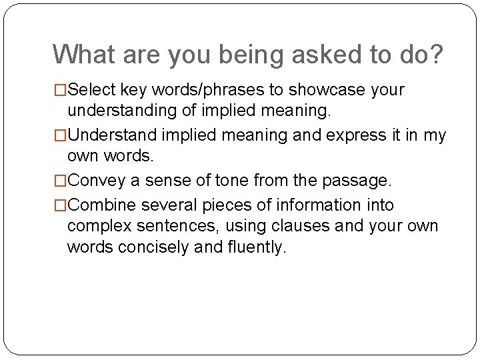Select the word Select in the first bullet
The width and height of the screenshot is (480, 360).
(x=91, y=89)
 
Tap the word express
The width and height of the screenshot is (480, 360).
(x=358, y=136)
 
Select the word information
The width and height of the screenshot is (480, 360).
(x=311, y=205)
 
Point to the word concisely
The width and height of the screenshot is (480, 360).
(x=149, y=247)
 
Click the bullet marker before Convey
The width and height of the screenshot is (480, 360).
(x=61, y=181)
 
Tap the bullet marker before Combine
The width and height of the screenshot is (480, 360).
(x=61, y=205)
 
